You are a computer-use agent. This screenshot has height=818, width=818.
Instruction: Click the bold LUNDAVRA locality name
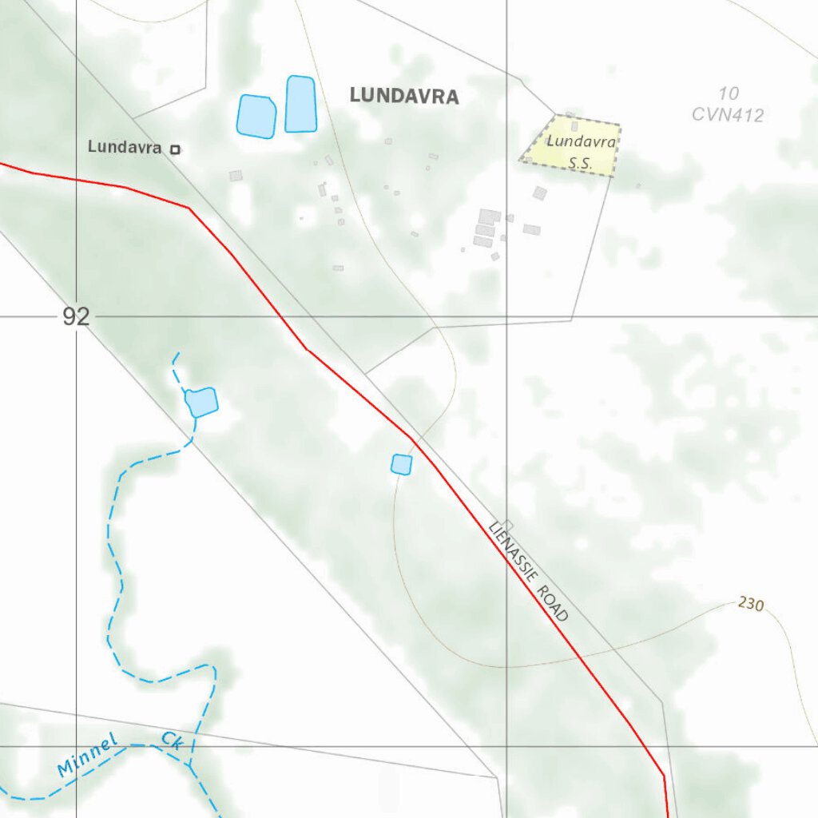pos(404,97)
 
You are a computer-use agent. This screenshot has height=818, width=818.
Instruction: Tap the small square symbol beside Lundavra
pos(176,149)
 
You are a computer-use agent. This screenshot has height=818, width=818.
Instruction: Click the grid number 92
pos(76,317)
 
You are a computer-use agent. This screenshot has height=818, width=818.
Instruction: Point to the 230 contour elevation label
pos(751,604)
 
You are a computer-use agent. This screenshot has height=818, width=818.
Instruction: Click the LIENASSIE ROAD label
pos(529,570)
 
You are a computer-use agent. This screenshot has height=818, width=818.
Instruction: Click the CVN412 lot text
pos(728,115)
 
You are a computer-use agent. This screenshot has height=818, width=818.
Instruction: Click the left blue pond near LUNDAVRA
pos(256,116)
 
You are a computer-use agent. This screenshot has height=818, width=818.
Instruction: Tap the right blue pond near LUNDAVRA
pos(300,104)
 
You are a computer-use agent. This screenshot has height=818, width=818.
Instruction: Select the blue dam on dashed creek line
pos(201,401)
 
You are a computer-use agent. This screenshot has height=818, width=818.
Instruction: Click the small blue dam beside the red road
pos(401,464)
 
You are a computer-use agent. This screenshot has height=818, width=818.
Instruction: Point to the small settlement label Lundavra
pos(125,147)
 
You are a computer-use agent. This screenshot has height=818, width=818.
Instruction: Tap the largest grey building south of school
pos(489,216)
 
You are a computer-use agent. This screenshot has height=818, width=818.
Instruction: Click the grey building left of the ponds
pos(235,176)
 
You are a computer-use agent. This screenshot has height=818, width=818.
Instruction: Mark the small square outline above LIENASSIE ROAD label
pos(508,525)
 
